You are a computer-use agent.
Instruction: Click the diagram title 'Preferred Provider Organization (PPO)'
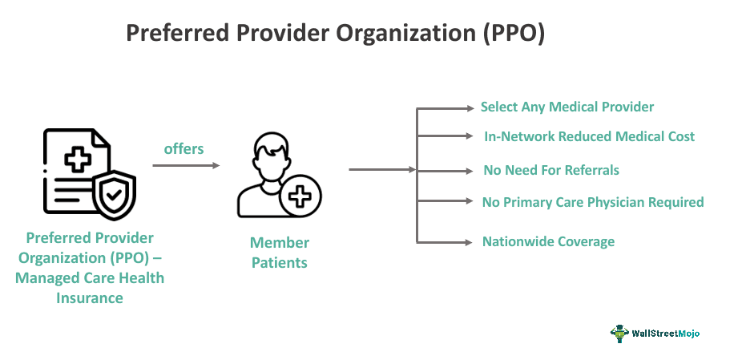(x=336, y=34)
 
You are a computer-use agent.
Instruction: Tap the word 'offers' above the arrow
(x=183, y=148)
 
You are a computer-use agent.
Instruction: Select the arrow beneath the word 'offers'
(x=185, y=166)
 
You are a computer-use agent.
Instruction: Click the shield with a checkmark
(x=115, y=196)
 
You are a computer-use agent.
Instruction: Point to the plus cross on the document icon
(x=78, y=160)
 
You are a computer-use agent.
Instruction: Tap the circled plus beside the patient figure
(x=300, y=197)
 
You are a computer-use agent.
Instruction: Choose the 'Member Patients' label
(x=279, y=252)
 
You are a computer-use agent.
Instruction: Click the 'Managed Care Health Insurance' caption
(x=95, y=288)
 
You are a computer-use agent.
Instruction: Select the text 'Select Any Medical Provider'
(x=567, y=107)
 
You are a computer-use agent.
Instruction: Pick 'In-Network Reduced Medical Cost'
(x=589, y=136)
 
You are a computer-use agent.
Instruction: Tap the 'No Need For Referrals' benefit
(x=551, y=170)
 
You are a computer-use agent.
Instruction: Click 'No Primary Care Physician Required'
(x=593, y=202)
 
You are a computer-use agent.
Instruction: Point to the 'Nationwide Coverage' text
(x=548, y=241)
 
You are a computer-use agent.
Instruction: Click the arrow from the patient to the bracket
(x=381, y=170)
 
